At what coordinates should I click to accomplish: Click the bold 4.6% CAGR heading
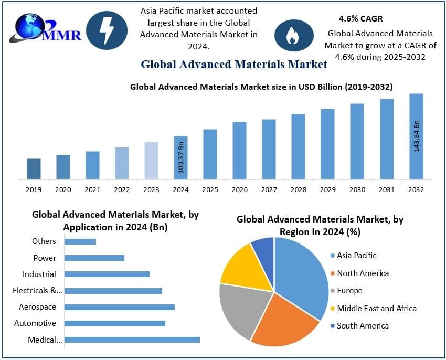(x=360, y=19)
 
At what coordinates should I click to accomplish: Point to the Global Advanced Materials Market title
(x=234, y=65)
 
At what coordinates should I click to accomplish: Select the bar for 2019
(x=34, y=169)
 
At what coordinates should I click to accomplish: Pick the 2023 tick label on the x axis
(x=151, y=189)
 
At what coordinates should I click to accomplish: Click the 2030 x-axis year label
(x=357, y=189)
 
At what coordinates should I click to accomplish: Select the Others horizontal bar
(x=80, y=241)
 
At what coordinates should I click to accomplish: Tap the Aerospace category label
(x=37, y=307)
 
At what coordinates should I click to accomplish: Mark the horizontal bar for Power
(x=94, y=258)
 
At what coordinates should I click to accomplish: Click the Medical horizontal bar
(x=132, y=340)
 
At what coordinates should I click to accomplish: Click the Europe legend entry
(x=349, y=291)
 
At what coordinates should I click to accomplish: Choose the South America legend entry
(x=363, y=326)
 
